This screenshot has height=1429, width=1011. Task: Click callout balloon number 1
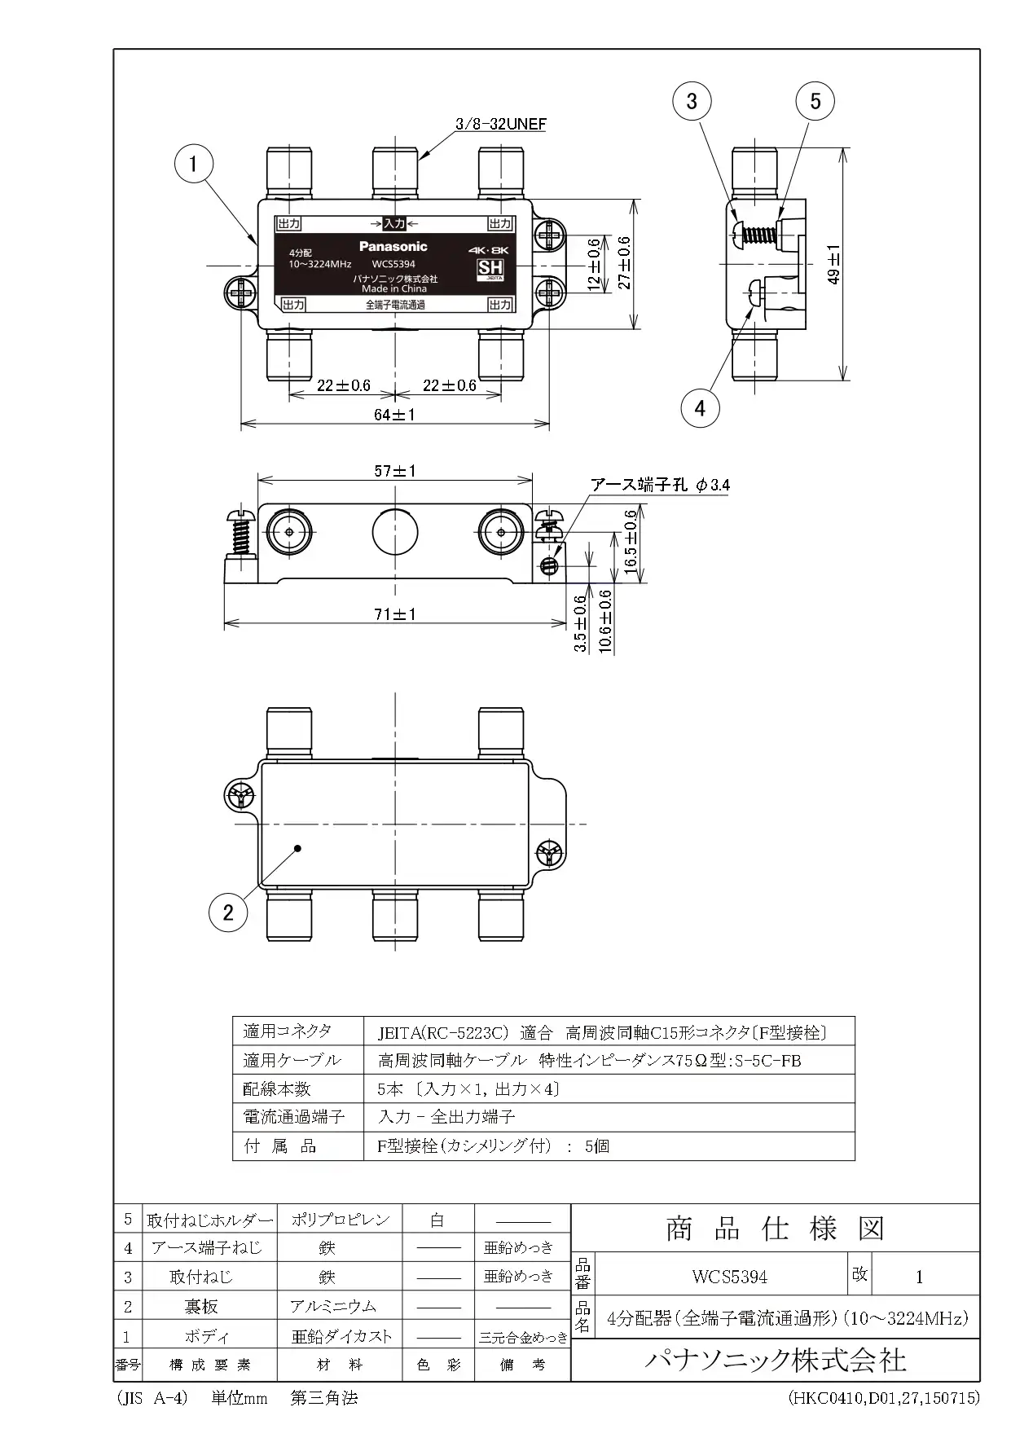pyautogui.click(x=193, y=164)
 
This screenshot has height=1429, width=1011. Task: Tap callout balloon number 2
pyautogui.click(x=228, y=912)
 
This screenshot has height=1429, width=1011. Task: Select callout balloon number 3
pyautogui.click(x=692, y=101)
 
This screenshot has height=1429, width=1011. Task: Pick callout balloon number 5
pyautogui.click(x=815, y=101)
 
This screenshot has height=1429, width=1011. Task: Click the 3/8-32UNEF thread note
pyautogui.click(x=501, y=125)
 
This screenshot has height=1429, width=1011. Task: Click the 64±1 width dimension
pyautogui.click(x=394, y=415)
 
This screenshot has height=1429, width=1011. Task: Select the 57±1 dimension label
pyautogui.click(x=395, y=471)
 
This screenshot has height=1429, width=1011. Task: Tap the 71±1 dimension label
pyautogui.click(x=395, y=613)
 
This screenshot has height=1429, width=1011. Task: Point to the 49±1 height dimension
pyautogui.click(x=833, y=265)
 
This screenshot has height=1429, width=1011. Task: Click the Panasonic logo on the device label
pyautogui.click(x=393, y=246)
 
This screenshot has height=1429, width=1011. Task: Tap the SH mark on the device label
pyautogui.click(x=490, y=269)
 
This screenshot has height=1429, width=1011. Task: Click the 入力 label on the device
pyautogui.click(x=394, y=223)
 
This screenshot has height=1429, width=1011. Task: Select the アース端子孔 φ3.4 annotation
pyautogui.click(x=660, y=486)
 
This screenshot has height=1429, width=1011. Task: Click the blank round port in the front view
pyautogui.click(x=395, y=531)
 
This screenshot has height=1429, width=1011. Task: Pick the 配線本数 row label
pyautogui.click(x=277, y=1088)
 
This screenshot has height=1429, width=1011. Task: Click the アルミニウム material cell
pyautogui.click(x=333, y=1306)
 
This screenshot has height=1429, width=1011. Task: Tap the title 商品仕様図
pyautogui.click(x=775, y=1229)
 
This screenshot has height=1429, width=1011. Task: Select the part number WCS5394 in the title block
pyautogui.click(x=730, y=1277)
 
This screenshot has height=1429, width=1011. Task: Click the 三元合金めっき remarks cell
pyautogui.click(x=522, y=1337)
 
